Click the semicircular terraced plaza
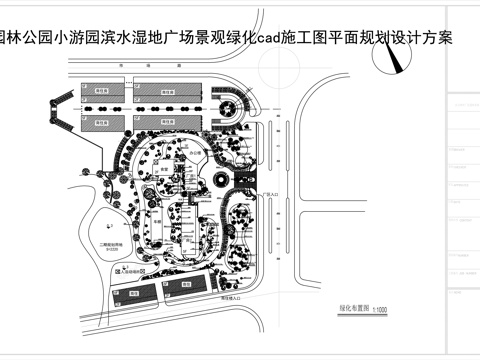pyautogui.click(x=230, y=105)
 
